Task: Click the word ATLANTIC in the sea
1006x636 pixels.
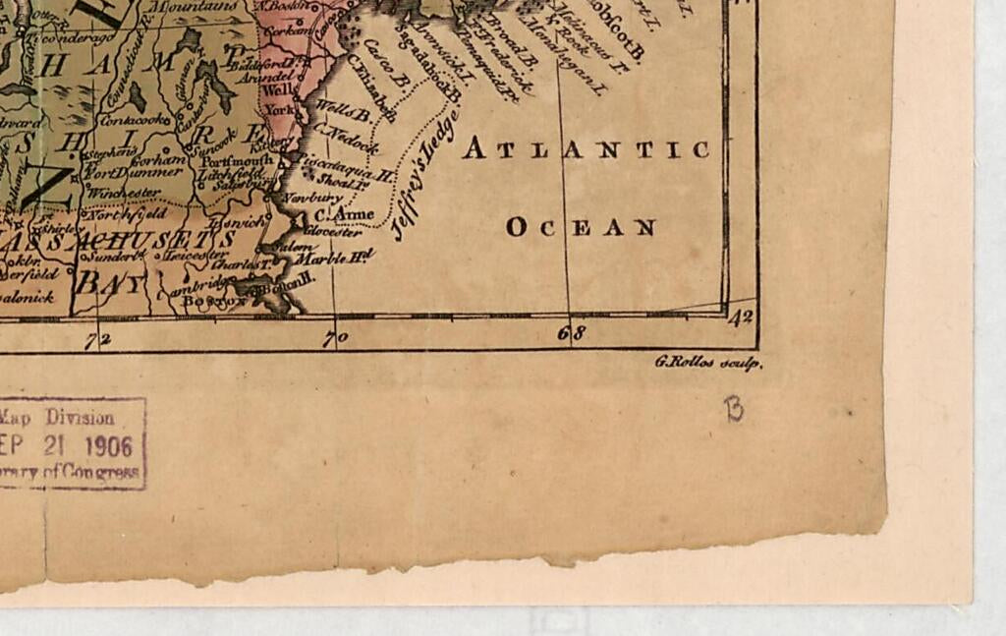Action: point(586,149)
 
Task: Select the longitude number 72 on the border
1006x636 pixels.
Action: point(96,340)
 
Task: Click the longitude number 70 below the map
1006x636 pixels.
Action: point(336,338)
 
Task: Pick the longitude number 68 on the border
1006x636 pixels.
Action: point(572,333)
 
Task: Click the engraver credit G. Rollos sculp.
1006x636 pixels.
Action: point(707,363)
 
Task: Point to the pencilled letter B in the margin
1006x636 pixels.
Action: point(733,409)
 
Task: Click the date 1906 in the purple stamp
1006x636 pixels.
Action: point(108,445)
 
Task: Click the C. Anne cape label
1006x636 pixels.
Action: point(344,214)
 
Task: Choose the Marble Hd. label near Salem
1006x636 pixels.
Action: point(335,258)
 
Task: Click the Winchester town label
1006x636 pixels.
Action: point(123,193)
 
